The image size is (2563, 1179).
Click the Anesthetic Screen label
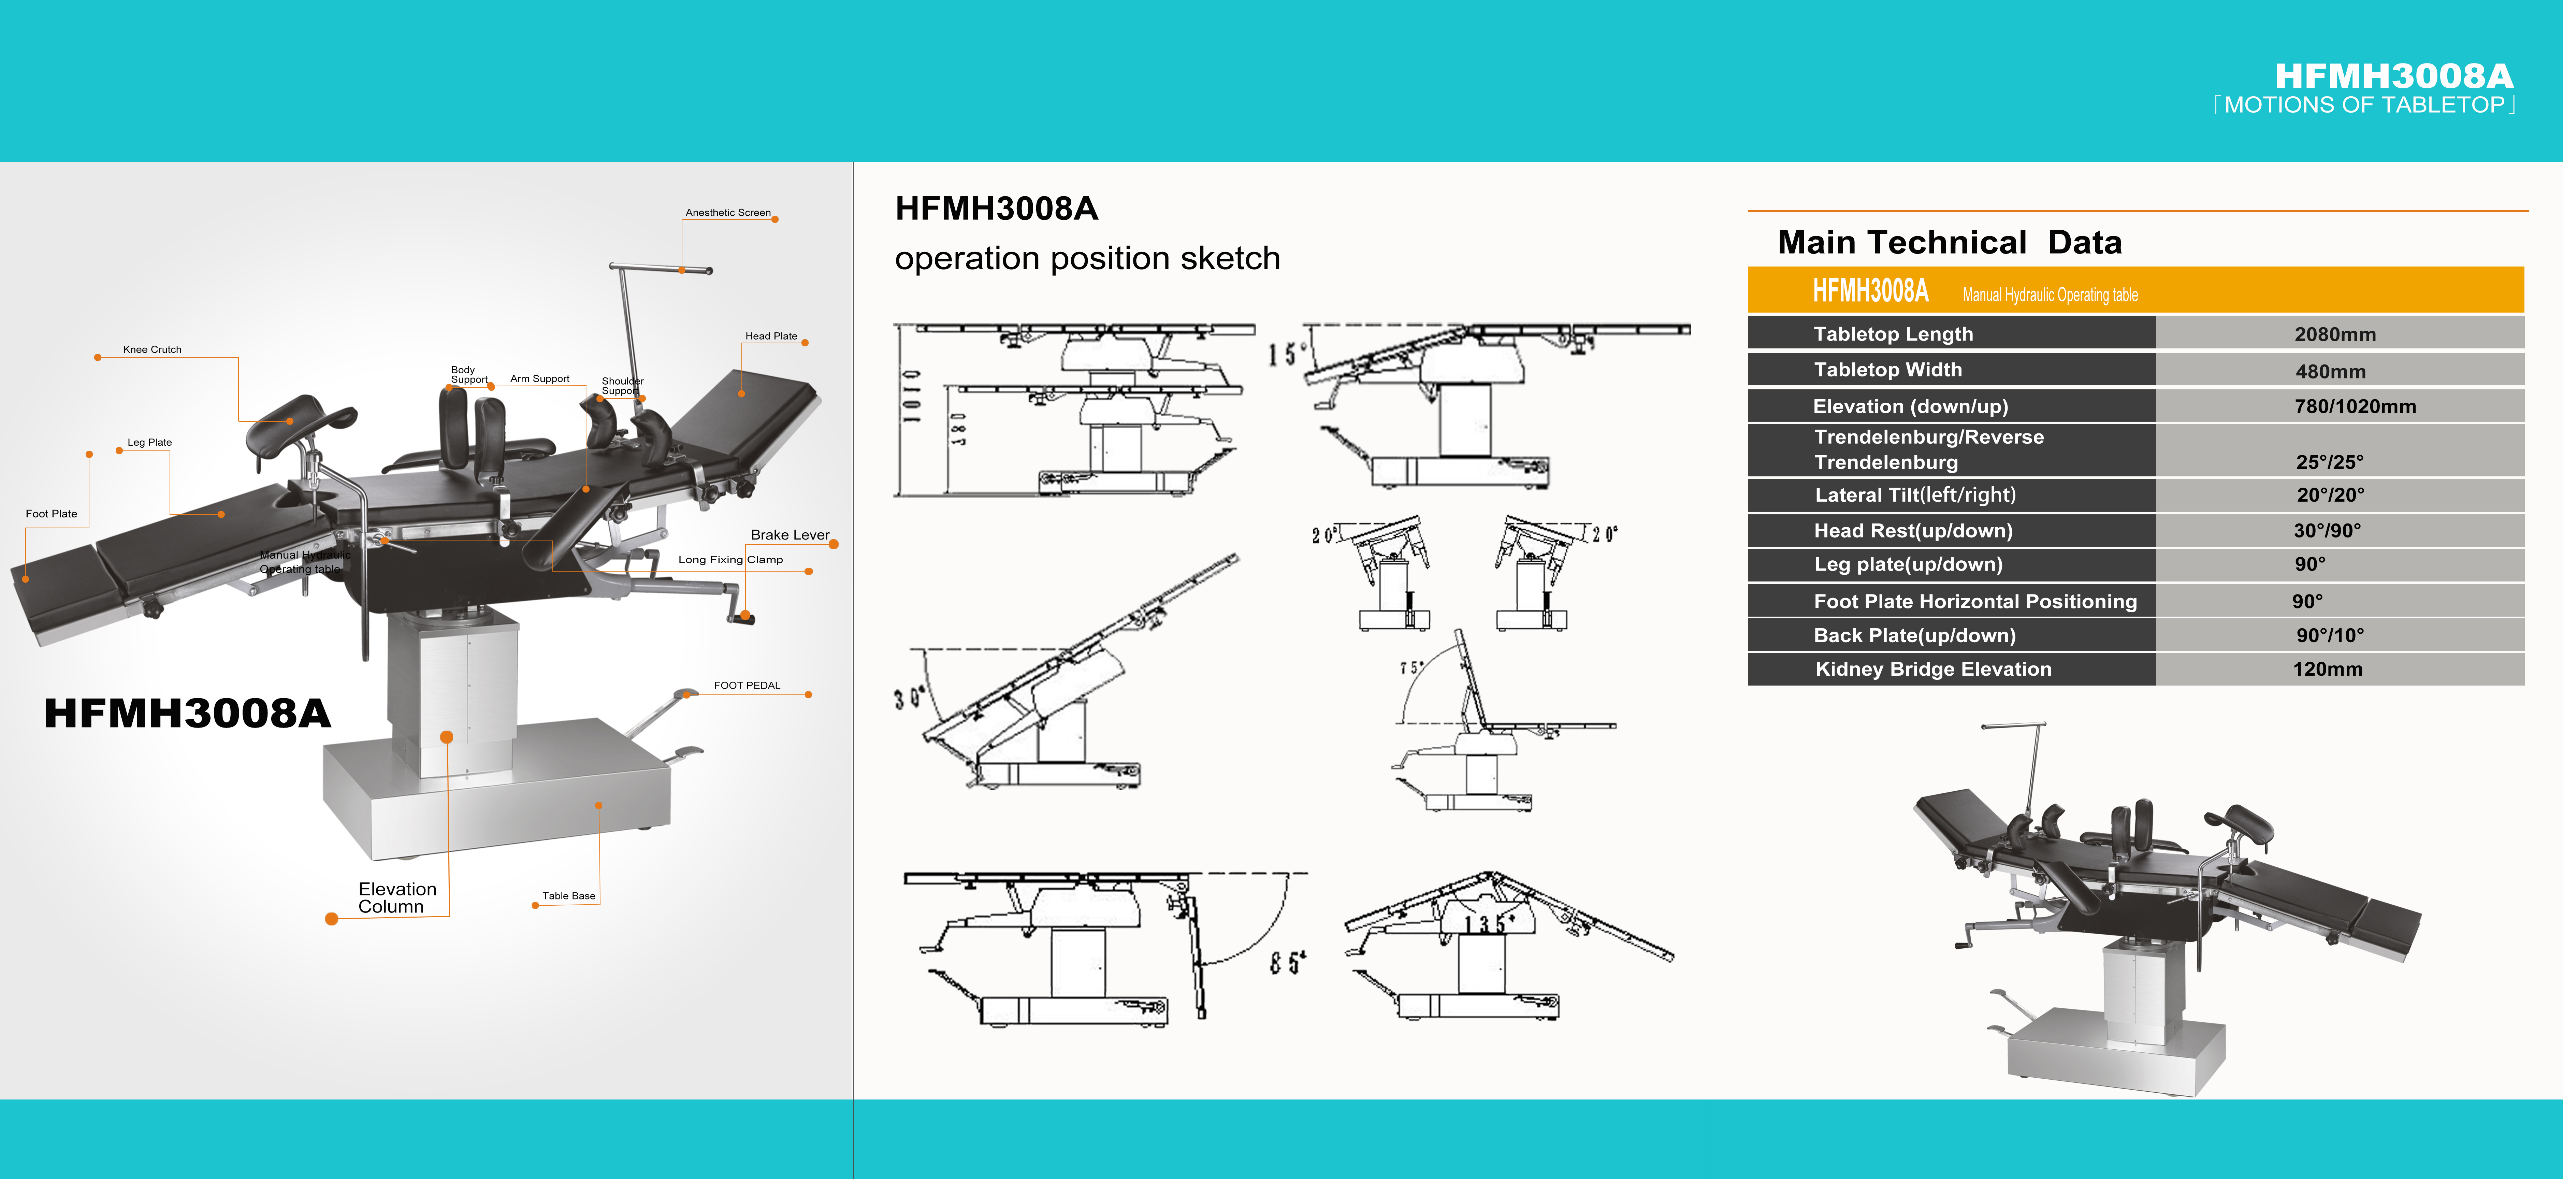click(727, 213)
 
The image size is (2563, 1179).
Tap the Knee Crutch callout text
click(152, 349)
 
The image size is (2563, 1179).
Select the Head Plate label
click(771, 336)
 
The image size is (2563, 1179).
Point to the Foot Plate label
click(52, 513)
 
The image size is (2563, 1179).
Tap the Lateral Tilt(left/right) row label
click(1914, 494)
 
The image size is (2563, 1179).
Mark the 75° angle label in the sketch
click(1411, 667)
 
